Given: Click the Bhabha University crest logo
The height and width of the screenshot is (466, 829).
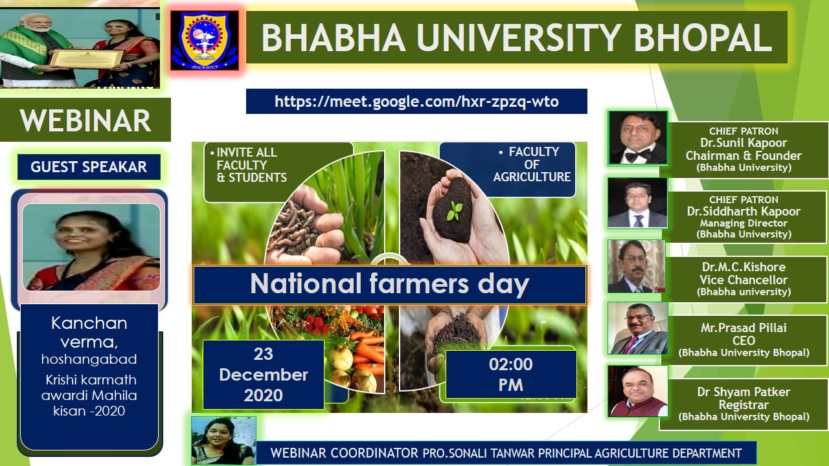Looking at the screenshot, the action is pos(205,40).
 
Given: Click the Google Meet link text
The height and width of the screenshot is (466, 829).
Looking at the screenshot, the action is pos(416,102).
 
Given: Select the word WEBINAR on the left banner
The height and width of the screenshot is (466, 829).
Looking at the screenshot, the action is pos(85,120).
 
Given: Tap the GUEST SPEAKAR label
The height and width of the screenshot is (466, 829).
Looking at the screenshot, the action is pos(89,167).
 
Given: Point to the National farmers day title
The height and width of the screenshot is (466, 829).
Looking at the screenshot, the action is pos(390,284).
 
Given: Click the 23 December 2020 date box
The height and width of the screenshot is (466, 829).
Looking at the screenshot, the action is pos(264,375).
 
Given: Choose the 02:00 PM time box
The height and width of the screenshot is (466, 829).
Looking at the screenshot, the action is pos(511,374).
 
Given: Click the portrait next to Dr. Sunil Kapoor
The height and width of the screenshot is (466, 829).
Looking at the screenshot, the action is pos(638,138).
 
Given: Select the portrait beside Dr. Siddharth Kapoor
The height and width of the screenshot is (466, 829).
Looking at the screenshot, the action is pos(637,203).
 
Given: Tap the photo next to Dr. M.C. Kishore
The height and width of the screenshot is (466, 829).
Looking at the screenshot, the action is pos(636,266).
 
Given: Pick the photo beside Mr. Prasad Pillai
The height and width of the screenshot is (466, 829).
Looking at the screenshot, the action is pos(638,328).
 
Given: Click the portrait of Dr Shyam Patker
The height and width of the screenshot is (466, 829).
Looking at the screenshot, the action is pos(638,392).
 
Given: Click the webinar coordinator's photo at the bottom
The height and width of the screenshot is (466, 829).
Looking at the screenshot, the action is pos(223,441).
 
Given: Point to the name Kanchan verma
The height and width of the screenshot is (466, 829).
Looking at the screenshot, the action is pos(89,333).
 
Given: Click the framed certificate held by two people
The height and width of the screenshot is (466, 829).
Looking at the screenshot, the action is pos(87,58).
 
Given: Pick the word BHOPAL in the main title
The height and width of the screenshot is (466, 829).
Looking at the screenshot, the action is pos(703,38).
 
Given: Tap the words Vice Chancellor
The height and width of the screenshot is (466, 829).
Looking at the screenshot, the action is pos(744,280).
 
